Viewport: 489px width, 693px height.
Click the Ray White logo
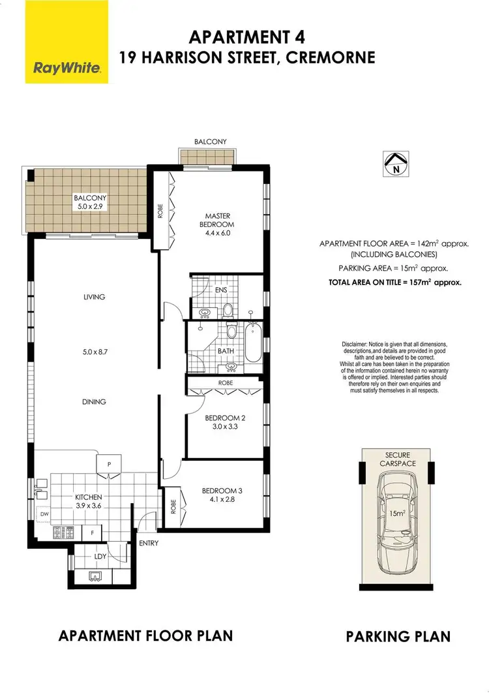coord(67,42)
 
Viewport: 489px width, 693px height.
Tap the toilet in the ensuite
coord(228,309)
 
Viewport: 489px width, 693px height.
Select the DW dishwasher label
coord(44,514)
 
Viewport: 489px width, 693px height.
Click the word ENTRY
coord(149,543)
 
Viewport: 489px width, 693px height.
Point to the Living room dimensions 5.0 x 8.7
coord(94,349)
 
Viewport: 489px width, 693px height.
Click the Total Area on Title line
coord(396,283)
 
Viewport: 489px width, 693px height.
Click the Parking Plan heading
coord(398,636)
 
